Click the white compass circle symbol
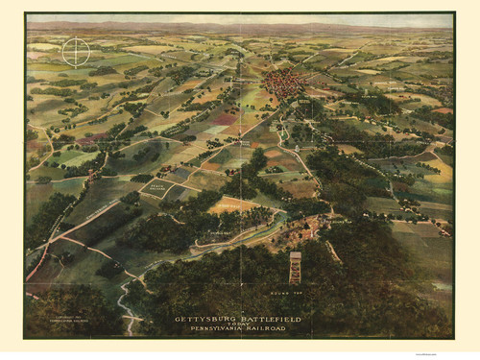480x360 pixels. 76,51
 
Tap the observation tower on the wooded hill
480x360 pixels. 295,268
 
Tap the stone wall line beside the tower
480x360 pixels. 333,252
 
